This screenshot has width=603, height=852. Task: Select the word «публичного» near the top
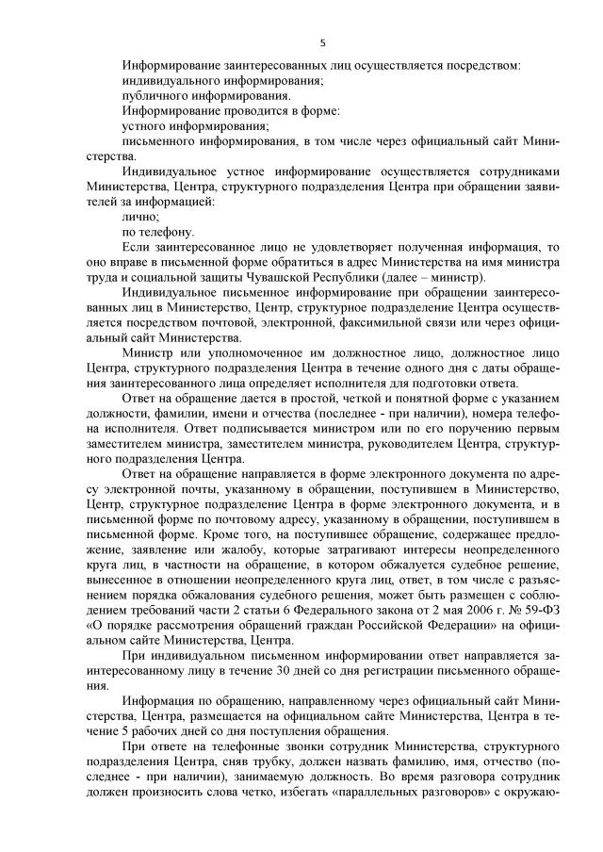pos(156,95)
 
